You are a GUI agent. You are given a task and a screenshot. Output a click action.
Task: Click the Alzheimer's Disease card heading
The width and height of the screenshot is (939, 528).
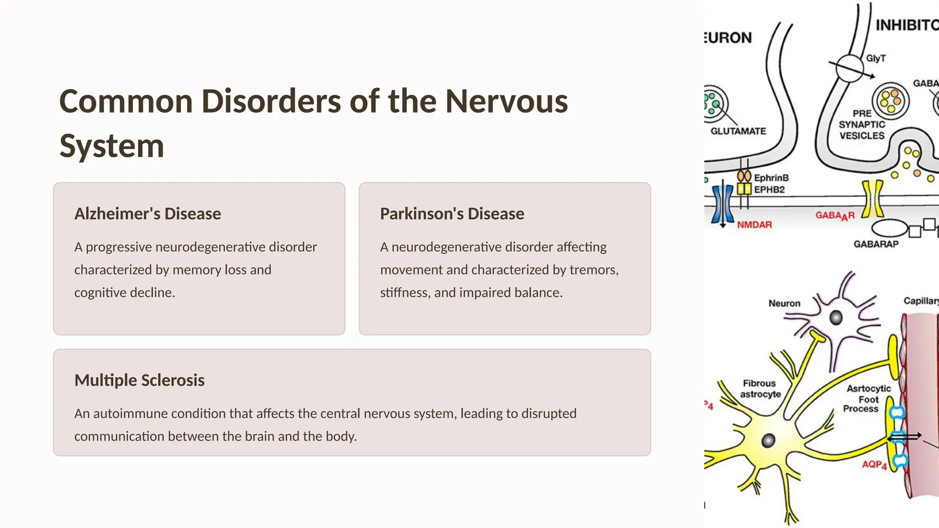click(x=148, y=214)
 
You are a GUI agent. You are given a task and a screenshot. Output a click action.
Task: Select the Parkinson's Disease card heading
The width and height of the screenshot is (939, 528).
click(x=452, y=214)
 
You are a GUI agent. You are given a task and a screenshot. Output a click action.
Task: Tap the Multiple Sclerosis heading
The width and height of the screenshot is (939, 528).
click(x=139, y=380)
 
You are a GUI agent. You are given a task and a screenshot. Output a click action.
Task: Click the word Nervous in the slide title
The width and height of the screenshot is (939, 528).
click(x=506, y=101)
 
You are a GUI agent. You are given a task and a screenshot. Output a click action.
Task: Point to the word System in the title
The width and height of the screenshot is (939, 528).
click(x=111, y=146)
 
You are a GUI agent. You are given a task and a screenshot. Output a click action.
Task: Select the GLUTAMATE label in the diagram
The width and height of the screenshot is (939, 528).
click(x=738, y=132)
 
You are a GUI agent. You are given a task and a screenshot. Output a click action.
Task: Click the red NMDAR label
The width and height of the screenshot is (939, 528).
click(x=754, y=225)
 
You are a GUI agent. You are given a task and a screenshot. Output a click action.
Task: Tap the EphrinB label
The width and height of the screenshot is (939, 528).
click(x=771, y=178)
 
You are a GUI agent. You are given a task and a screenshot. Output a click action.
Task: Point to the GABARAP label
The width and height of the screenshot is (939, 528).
click(x=876, y=244)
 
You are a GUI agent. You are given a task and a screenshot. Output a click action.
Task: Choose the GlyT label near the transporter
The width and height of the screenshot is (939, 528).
click(x=876, y=59)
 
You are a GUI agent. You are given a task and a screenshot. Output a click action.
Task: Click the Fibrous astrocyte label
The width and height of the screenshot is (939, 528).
click(x=760, y=389)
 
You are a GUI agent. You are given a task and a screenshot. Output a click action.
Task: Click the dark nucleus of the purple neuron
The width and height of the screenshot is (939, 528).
click(x=836, y=317)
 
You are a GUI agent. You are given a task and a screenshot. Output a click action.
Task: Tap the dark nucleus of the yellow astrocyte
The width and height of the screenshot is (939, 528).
click(x=768, y=441)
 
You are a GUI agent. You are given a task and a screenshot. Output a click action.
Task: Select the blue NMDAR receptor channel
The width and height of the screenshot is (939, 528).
click(x=723, y=203)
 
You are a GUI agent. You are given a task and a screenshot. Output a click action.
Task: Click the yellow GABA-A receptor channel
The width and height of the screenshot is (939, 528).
click(x=872, y=199)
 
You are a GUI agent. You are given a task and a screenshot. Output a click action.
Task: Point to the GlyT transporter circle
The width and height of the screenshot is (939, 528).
click(x=849, y=68)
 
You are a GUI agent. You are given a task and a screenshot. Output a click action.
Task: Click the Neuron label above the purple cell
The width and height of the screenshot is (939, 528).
click(x=784, y=303)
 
